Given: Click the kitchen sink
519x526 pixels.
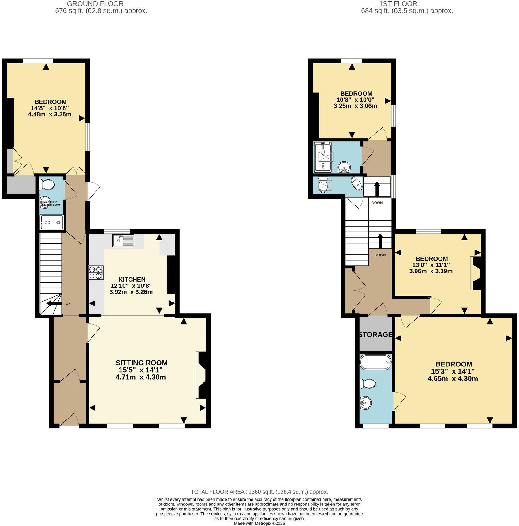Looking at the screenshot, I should (x=123, y=241).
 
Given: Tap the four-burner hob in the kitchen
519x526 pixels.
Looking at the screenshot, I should (x=96, y=272).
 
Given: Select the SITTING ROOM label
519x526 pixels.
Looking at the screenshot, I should (x=141, y=363).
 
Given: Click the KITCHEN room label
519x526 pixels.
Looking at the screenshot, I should (x=132, y=280).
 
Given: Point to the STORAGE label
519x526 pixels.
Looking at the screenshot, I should (x=375, y=335).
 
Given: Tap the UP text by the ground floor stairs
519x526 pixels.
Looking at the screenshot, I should (x=68, y=303).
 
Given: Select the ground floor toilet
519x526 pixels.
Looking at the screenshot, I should (x=47, y=185).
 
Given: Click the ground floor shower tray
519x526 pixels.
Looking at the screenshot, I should (x=51, y=222).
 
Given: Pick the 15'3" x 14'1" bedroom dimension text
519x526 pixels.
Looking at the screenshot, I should (x=454, y=371).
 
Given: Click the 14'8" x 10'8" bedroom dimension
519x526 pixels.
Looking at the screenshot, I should (x=50, y=108).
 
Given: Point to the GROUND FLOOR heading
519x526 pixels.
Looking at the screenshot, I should (x=95, y=4).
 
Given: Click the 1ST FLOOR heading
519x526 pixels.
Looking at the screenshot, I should (x=398, y=4).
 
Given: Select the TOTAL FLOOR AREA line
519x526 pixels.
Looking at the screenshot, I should (x=259, y=492).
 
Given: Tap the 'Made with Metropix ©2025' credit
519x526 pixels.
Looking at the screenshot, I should (x=259, y=523).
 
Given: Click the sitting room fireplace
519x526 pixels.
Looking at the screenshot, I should (x=203, y=375).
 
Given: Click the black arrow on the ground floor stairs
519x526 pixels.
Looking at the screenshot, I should (x=51, y=303).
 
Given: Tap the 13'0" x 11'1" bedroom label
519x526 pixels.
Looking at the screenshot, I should (x=431, y=265).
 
